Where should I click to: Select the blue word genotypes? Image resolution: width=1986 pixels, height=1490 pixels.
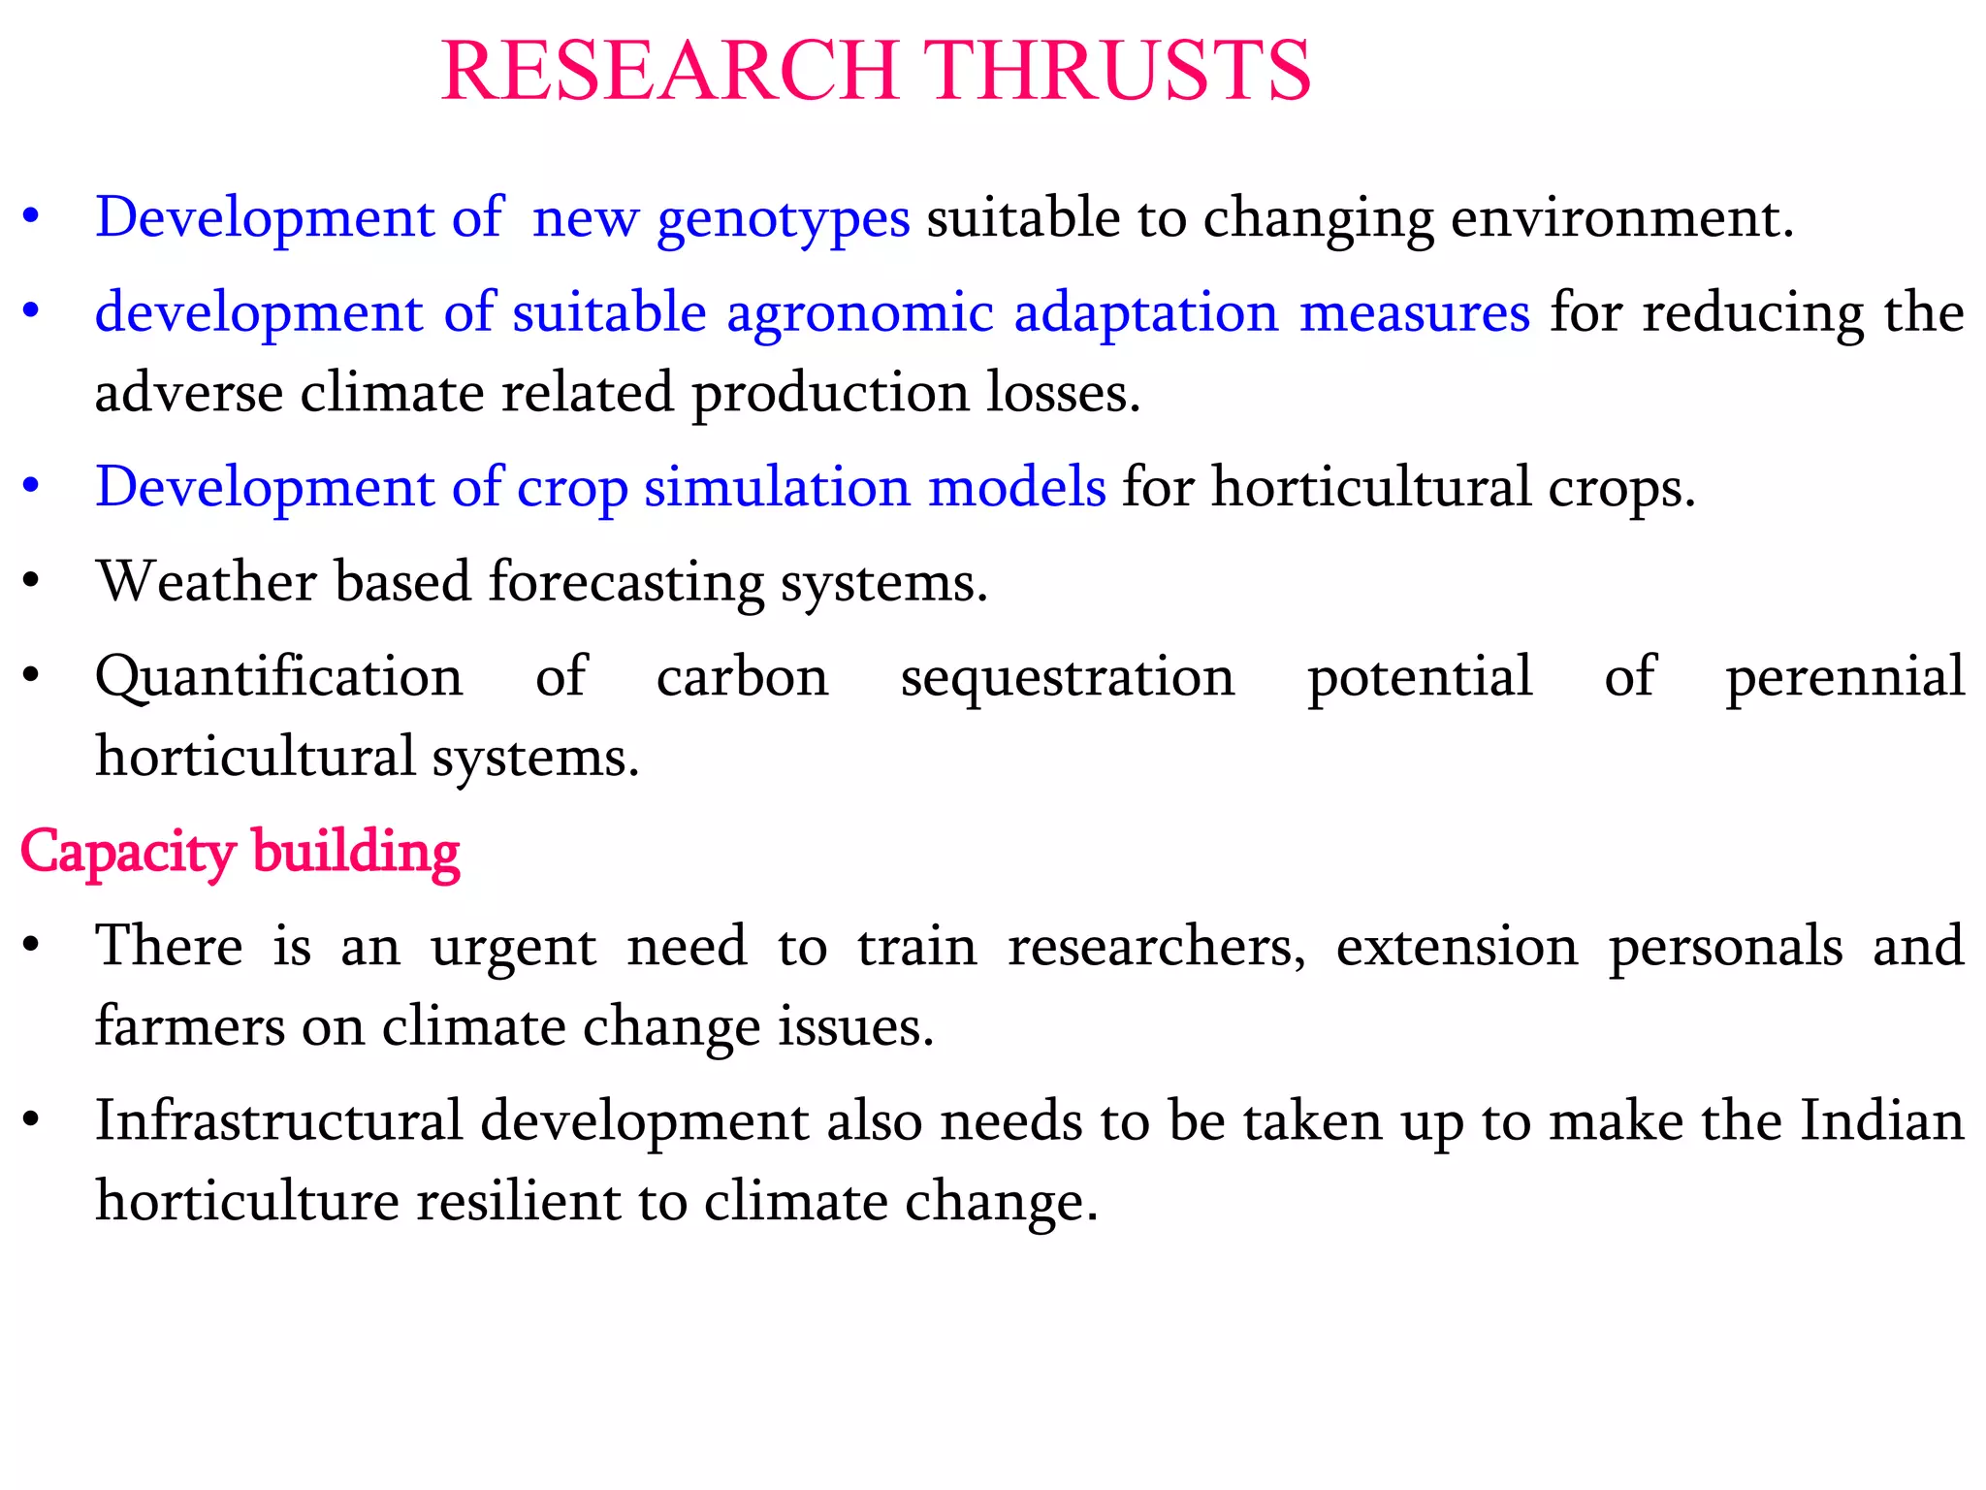point(784,219)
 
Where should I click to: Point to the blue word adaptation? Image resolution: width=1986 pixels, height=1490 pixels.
point(1146,312)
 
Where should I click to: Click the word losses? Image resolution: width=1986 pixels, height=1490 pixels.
point(1063,393)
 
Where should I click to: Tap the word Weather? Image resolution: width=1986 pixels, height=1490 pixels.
point(207,582)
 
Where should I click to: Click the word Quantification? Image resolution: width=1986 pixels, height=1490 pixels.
point(279,676)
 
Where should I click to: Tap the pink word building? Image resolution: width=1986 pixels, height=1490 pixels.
point(356,854)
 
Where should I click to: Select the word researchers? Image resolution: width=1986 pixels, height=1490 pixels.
point(1157,947)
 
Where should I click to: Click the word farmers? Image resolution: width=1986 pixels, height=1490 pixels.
point(190,1026)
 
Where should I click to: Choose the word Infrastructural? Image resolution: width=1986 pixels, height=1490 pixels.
point(279,1121)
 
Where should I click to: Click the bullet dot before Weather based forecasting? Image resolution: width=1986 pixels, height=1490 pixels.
point(31,582)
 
